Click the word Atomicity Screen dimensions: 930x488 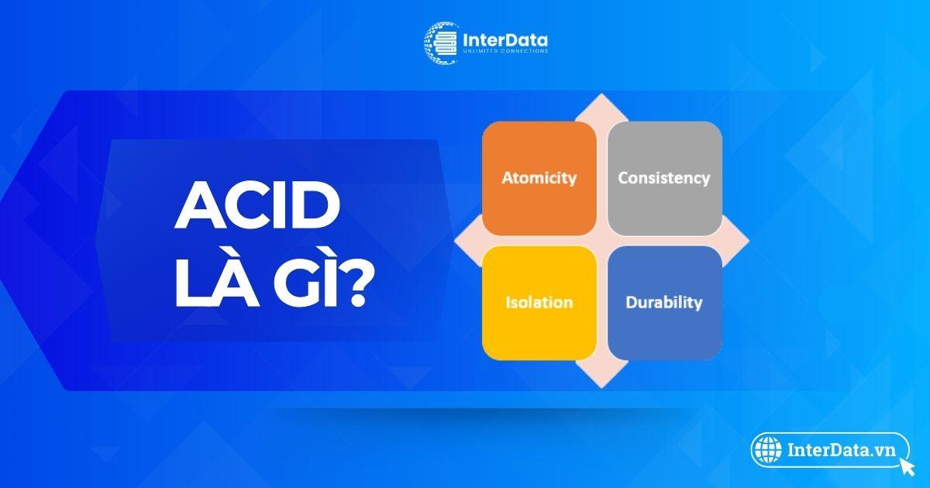(x=539, y=178)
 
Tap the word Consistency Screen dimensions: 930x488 (x=664, y=178)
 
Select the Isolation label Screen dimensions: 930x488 (x=539, y=302)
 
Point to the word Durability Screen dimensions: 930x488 (x=664, y=303)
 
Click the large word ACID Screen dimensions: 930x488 (x=257, y=205)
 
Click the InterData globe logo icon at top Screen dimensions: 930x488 (x=441, y=43)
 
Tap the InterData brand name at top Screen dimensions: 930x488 (x=505, y=40)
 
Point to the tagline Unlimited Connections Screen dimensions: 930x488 (x=505, y=51)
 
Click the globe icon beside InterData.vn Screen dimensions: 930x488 (x=768, y=450)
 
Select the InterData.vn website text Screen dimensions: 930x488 (x=841, y=450)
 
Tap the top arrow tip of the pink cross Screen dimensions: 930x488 (x=601, y=95)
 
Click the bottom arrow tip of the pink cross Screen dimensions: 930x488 (x=601, y=387)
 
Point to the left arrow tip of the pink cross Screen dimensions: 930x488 (x=455, y=241)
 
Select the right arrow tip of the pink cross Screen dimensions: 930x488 (x=749, y=241)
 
